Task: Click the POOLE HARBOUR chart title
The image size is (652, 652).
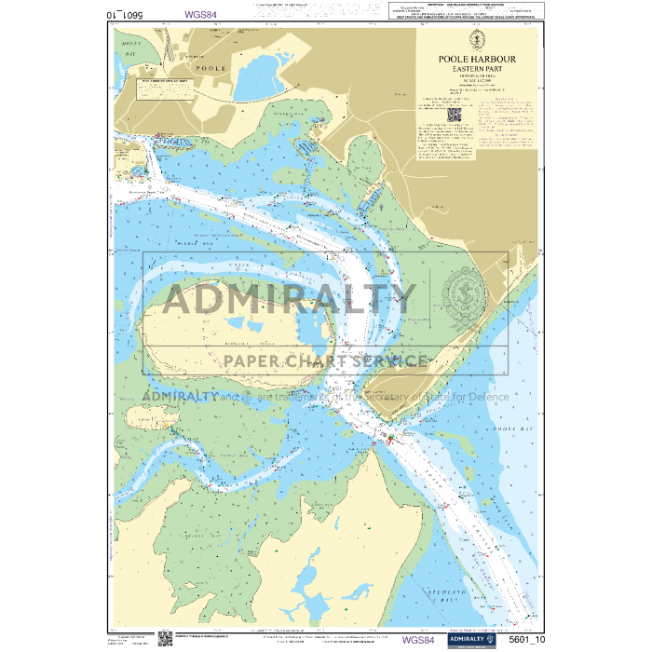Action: click(477, 59)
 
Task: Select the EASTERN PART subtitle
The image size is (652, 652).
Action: click(477, 69)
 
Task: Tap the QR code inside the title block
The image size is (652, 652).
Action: click(455, 115)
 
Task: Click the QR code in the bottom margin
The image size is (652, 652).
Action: click(165, 638)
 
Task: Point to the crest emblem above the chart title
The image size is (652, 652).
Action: click(477, 40)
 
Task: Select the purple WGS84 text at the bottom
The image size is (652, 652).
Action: click(417, 640)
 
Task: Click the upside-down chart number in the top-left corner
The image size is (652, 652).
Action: click(127, 14)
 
